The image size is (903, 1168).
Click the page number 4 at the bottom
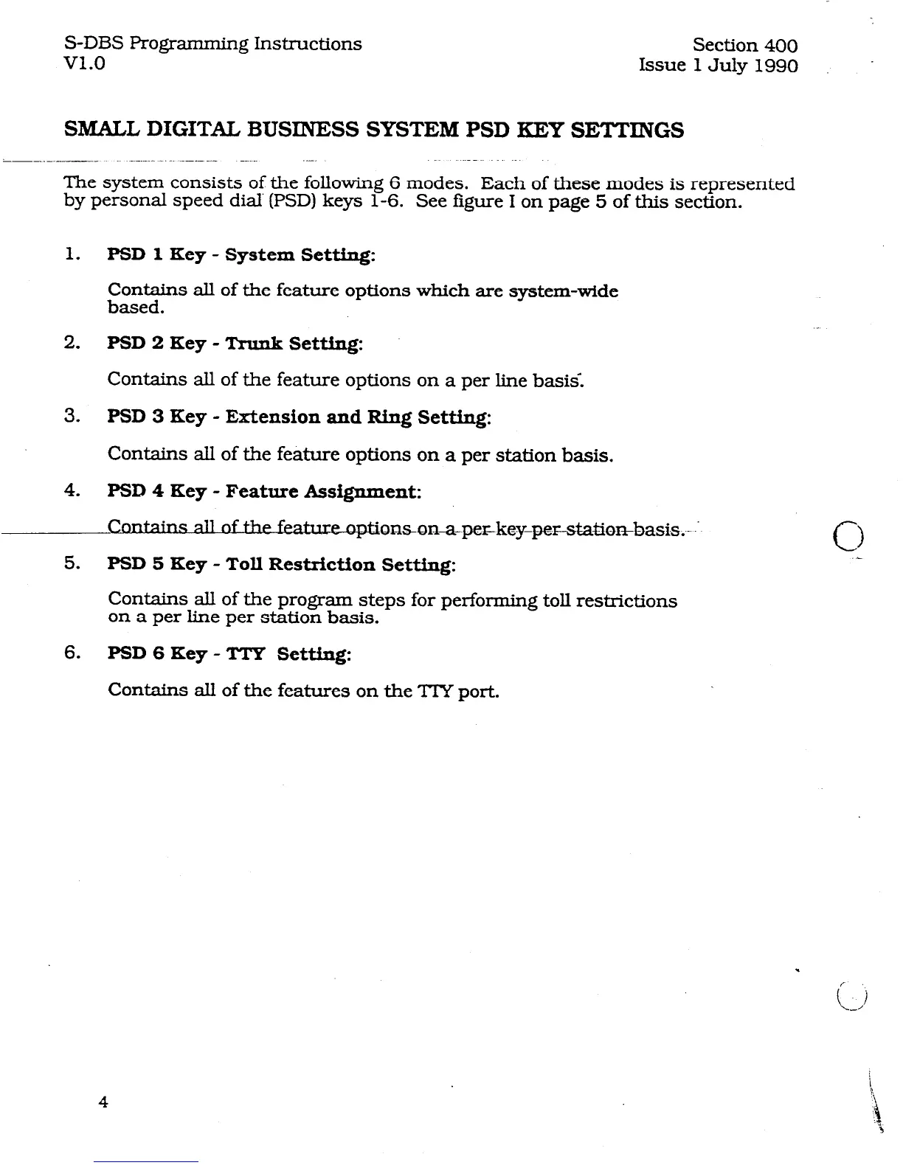[x=103, y=1102]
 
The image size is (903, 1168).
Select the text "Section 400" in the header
[x=746, y=46]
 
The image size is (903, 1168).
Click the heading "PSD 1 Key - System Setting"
[x=241, y=255]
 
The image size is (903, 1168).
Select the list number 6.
[x=72, y=653]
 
